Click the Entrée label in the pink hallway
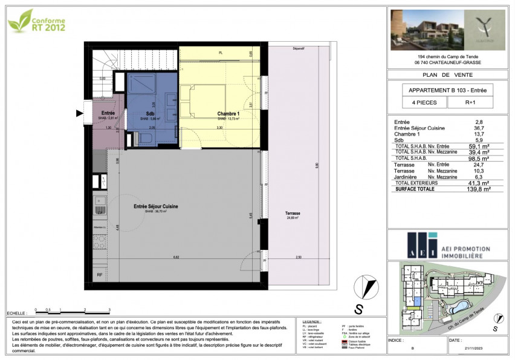point(108,113)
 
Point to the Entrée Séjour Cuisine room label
point(155,207)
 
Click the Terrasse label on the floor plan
point(294,214)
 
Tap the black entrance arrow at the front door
point(79,113)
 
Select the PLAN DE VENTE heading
point(446,74)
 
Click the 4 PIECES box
point(421,103)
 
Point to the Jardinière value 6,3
point(479,177)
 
